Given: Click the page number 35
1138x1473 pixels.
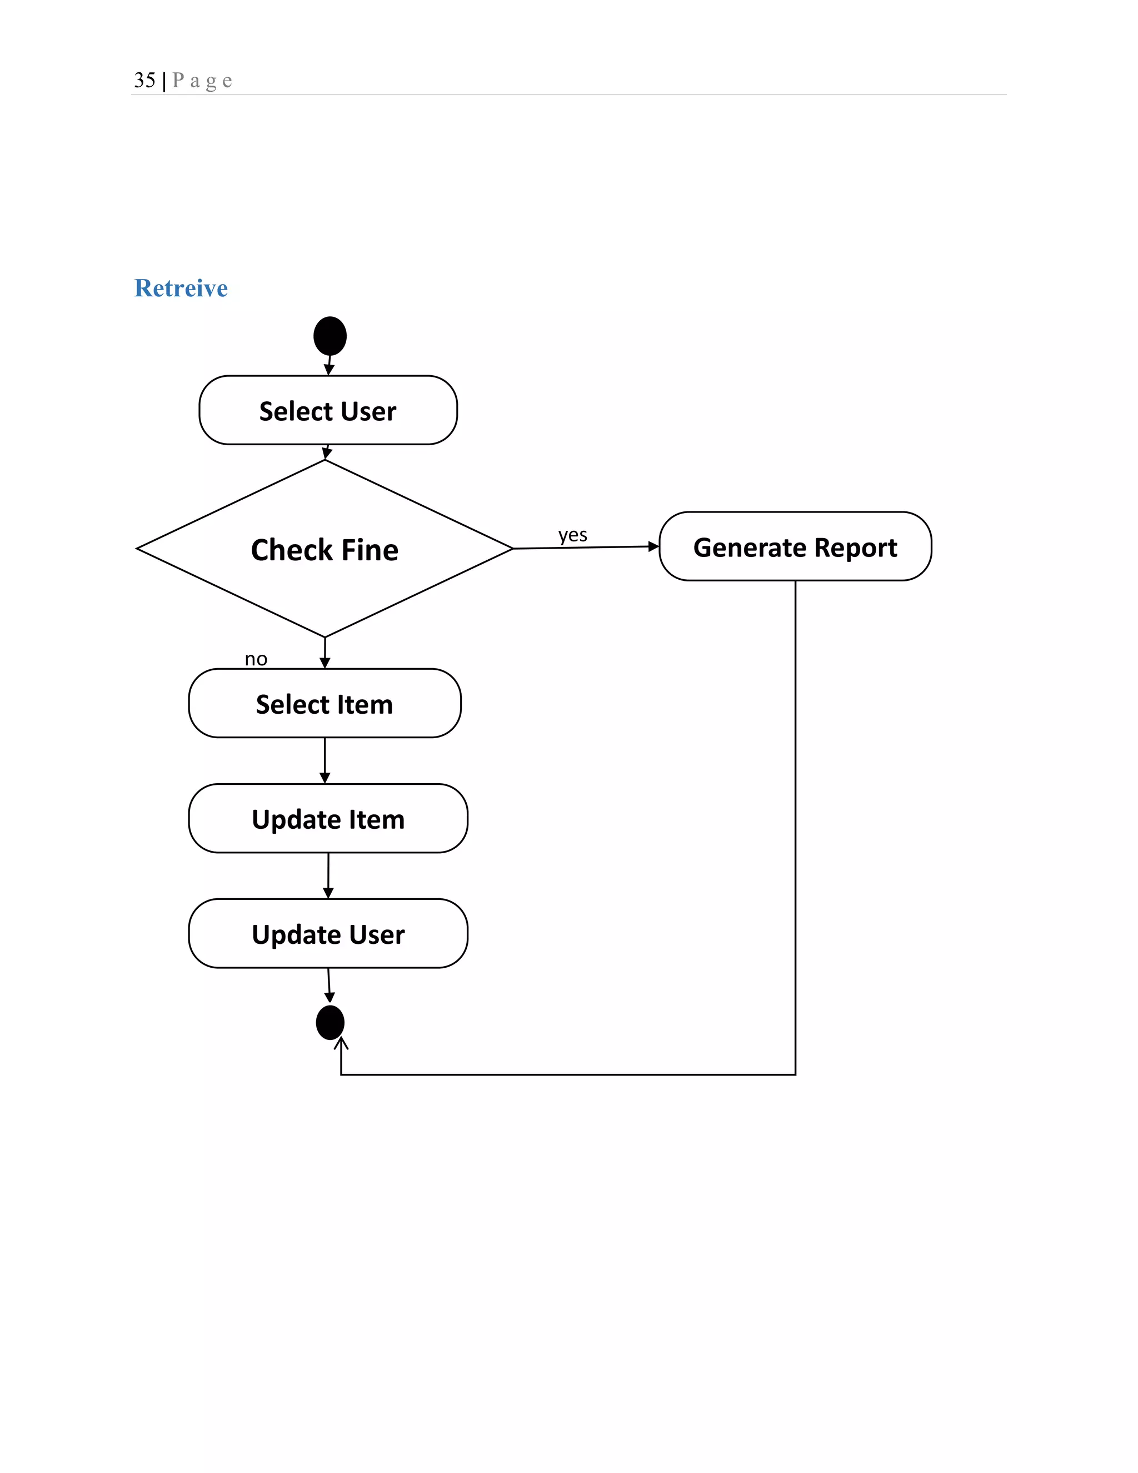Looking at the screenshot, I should click(x=144, y=80).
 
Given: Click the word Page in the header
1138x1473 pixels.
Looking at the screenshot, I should click(x=202, y=81).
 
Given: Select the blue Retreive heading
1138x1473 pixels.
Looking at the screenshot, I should click(x=181, y=288).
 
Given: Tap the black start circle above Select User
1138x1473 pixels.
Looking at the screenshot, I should click(x=330, y=336).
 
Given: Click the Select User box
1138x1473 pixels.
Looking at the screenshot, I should click(x=328, y=410).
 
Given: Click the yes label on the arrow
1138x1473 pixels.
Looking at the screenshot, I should click(x=572, y=535).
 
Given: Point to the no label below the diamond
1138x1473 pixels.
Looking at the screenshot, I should click(x=256, y=659).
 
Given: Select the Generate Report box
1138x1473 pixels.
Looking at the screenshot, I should click(x=795, y=546).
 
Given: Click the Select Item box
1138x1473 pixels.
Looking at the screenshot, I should click(x=325, y=704).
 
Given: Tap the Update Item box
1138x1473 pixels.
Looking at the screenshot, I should click(x=328, y=819).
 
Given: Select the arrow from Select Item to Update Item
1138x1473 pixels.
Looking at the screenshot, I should click(x=325, y=761).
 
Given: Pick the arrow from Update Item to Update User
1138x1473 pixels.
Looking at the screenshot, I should click(x=328, y=875).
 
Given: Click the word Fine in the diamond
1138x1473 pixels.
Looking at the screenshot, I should click(x=370, y=550).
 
